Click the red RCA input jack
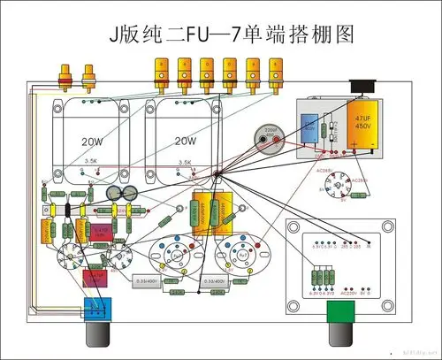[x=65, y=79]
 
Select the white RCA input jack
[x=88, y=79]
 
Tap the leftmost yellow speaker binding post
[x=161, y=71]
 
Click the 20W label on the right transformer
[x=185, y=141]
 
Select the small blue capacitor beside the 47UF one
[x=309, y=127]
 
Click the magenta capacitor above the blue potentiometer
[x=95, y=275]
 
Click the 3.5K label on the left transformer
[x=92, y=162]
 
